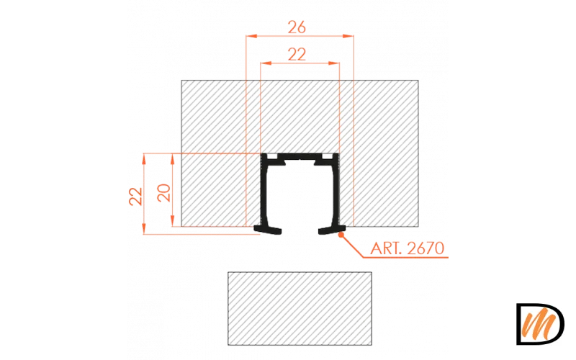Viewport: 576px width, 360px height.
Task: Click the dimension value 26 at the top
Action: tap(297, 27)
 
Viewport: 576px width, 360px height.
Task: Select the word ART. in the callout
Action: tap(385, 250)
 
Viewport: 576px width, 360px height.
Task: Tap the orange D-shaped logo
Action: tap(540, 324)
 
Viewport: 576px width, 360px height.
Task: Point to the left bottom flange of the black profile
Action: tap(271, 230)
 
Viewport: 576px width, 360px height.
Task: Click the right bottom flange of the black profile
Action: tap(328, 230)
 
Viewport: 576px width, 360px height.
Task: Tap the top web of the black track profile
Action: tap(300, 156)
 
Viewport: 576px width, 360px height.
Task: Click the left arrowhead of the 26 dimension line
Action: tap(250, 35)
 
